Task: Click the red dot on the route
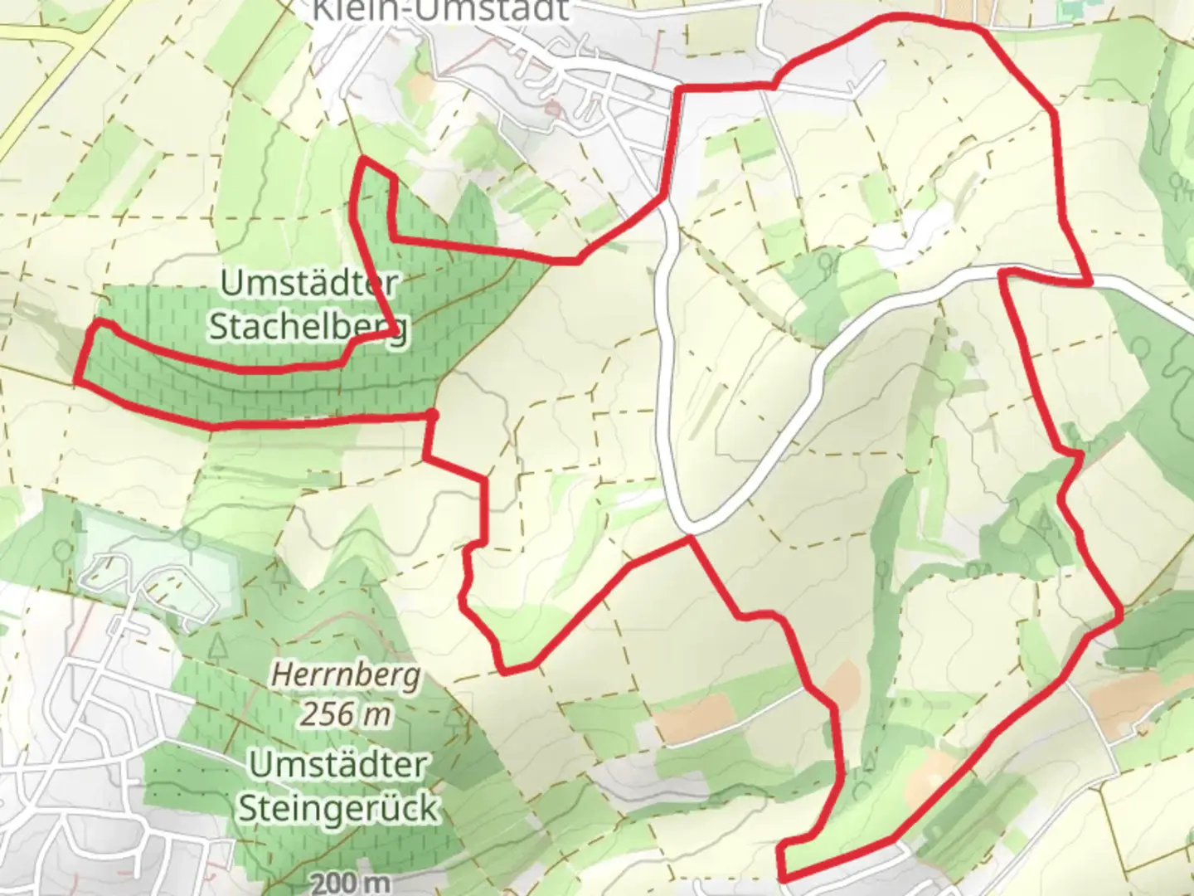coord(431,413)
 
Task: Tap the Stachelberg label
coord(308,326)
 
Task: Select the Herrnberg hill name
coord(346,675)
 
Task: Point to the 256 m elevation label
coord(345,713)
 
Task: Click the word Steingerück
coord(337,808)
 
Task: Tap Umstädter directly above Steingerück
coord(338,764)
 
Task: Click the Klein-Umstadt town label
coord(440,10)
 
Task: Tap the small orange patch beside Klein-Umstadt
coord(421,86)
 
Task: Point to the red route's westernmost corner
coord(77,382)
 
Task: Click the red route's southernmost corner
coord(782,878)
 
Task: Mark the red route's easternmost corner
coord(1120,615)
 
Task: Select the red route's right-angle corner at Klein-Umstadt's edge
coord(680,88)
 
